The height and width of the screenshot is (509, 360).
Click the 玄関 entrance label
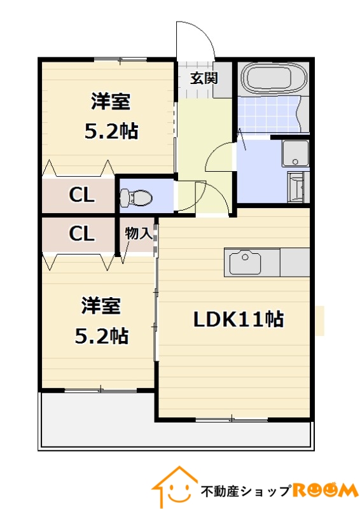tap(204, 79)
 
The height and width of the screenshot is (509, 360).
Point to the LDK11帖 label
tap(239, 319)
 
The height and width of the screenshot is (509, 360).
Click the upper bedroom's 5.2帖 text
tap(111, 131)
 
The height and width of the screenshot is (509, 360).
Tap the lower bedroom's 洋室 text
tap(101, 306)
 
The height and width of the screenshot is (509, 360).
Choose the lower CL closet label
tap(81, 234)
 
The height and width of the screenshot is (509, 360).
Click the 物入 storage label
tap(138, 233)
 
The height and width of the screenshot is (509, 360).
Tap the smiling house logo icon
tap(174, 487)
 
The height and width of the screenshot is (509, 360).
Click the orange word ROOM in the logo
tap(325, 490)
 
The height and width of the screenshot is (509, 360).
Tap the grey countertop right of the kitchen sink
tap(294, 261)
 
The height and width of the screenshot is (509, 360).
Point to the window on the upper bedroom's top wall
tap(120, 60)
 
